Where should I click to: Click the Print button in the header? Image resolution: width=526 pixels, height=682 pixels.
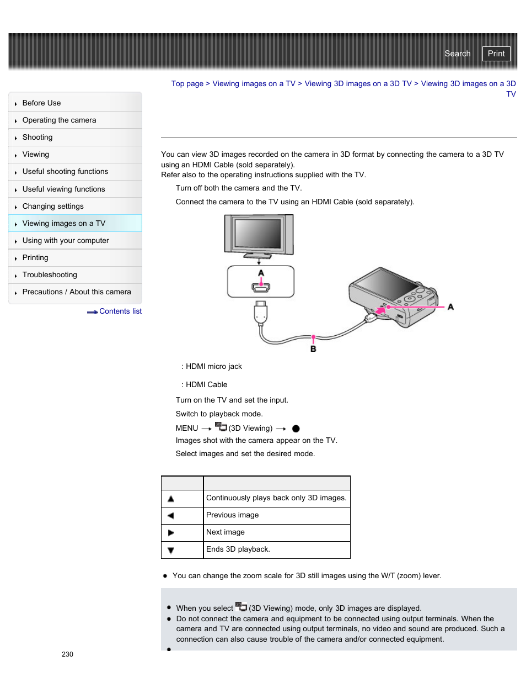coord(496,54)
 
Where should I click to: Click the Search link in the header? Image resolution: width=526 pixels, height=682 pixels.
coord(457,54)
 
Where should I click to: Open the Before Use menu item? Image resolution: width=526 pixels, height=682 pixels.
coord(41,103)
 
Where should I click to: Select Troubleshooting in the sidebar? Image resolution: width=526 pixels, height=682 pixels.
coord(50,275)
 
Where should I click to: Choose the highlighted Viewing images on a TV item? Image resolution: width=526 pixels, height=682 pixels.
coord(63,224)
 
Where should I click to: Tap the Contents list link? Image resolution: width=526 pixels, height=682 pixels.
coord(120,311)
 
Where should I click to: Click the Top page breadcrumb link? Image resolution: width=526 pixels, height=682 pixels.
coord(187,84)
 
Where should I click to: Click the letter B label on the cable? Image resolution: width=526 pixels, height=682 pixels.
coord(313,349)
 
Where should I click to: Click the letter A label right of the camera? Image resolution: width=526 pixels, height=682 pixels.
coord(450,307)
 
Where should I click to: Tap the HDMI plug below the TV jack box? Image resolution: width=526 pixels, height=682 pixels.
coord(261,313)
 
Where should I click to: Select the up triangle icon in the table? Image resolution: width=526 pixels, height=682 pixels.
coord(171,499)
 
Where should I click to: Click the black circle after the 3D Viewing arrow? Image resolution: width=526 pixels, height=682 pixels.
coord(296,429)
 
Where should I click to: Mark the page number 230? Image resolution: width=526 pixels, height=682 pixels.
coord(67,654)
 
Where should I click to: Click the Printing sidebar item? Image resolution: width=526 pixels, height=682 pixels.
coord(35,258)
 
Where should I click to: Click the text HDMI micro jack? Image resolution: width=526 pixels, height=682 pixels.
coord(214,367)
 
